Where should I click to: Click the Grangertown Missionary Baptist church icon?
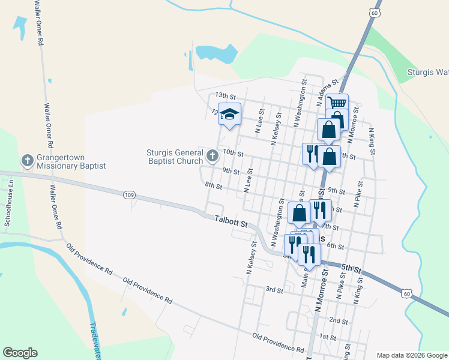27,160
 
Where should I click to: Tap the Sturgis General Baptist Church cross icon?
212,156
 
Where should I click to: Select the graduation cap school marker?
229,114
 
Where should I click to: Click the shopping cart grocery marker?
338,104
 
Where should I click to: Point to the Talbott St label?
231,221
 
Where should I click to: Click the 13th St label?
226,96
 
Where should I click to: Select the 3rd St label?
274,290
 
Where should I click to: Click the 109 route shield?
129,195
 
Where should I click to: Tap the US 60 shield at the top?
375,12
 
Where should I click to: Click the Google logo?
20,353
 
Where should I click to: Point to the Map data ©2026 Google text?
412,355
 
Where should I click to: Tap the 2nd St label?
338,320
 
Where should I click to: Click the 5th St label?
351,268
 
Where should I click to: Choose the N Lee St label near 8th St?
248,181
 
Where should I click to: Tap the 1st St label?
328,337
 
